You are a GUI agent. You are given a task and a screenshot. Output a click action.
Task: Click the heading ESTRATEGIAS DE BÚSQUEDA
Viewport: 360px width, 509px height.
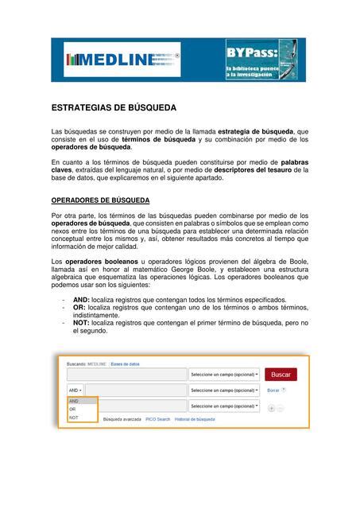point(114,107)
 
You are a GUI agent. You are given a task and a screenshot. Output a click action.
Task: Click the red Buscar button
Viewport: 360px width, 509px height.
point(281,374)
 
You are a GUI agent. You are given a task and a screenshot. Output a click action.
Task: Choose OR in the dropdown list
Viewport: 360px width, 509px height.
point(72,409)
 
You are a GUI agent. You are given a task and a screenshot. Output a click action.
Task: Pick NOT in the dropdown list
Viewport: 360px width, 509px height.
point(74,417)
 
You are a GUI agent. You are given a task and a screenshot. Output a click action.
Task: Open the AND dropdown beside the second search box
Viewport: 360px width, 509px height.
point(74,390)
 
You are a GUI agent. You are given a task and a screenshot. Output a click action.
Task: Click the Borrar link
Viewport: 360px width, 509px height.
point(273,390)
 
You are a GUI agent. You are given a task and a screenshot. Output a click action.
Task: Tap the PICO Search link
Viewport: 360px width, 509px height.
point(157,418)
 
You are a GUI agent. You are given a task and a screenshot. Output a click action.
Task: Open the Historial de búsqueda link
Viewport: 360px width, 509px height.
point(195,418)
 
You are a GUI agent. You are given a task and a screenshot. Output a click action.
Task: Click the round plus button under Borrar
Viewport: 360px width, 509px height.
point(271,407)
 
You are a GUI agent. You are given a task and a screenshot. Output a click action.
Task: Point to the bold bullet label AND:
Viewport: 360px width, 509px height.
point(80,300)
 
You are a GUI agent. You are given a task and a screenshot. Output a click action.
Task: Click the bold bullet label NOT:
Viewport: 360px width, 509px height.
point(80,324)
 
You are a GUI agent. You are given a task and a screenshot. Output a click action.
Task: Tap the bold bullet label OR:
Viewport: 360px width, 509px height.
point(79,308)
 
